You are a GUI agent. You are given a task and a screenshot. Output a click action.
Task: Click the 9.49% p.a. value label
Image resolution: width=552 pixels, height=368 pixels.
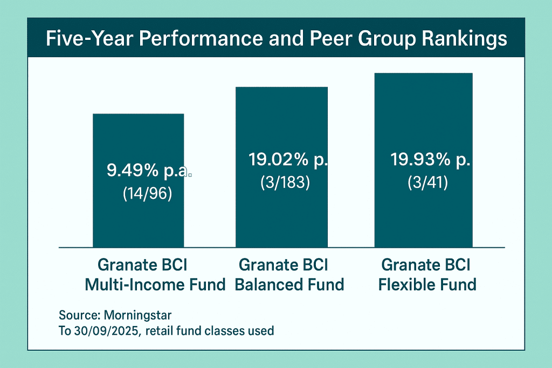(x=148, y=171)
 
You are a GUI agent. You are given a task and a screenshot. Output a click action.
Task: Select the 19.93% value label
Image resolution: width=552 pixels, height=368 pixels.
(x=430, y=160)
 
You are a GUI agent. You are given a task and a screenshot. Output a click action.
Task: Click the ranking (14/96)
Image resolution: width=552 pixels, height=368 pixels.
(x=148, y=194)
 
